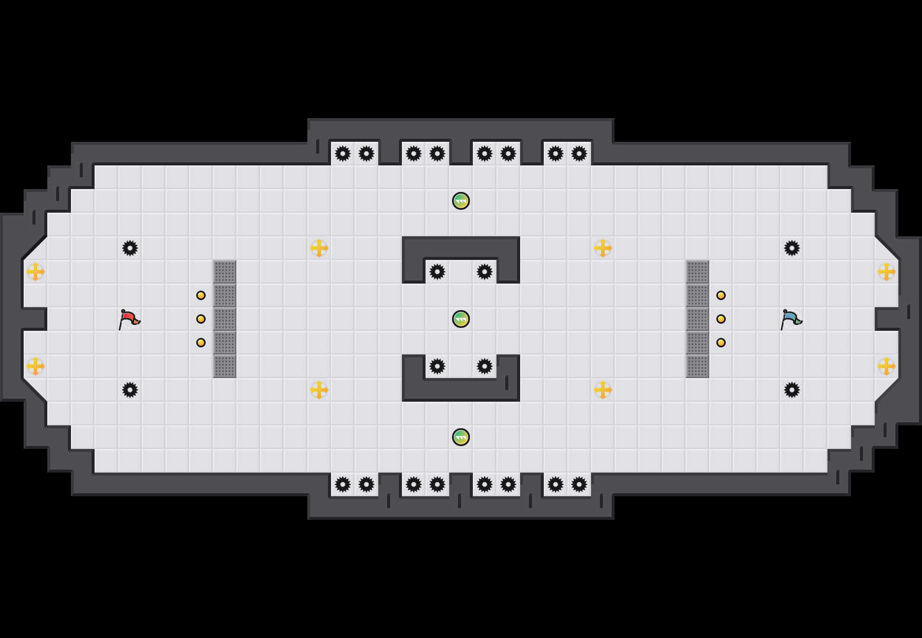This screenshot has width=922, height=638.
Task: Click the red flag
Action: point(129,319)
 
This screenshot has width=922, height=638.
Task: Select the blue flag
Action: point(791,319)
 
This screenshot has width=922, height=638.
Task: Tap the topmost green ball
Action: point(461,201)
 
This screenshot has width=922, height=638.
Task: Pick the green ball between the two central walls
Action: point(461,319)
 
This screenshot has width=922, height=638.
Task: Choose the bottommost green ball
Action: point(461,437)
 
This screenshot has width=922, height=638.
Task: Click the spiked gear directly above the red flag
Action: point(130,248)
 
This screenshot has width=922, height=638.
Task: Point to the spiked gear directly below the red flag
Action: point(130,390)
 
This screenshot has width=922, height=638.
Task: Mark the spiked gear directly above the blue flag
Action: point(792,248)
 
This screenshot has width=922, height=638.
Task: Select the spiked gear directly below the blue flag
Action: point(792,390)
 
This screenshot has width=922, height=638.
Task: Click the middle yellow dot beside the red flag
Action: point(201,319)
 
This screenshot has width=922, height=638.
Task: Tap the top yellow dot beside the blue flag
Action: point(721,295)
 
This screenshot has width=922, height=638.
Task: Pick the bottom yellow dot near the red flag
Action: point(201,343)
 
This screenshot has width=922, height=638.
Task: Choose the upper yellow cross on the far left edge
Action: point(35,272)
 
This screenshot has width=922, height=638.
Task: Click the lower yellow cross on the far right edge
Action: point(887,366)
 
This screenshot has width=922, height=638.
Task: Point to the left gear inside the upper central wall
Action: point(437,272)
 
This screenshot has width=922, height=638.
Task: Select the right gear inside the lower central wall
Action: point(485,366)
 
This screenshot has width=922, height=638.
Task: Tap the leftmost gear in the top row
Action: point(343,154)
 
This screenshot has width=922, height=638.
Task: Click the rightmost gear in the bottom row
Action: point(579,484)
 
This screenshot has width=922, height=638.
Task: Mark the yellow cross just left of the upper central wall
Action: point(319,248)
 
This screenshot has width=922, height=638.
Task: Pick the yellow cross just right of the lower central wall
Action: point(603,390)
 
